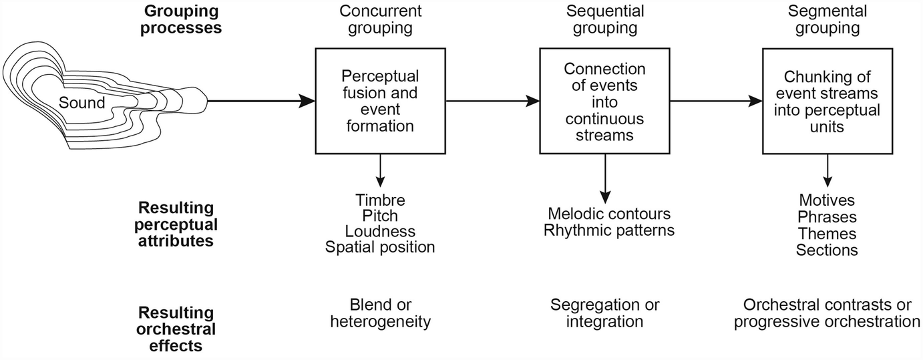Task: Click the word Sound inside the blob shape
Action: point(81,103)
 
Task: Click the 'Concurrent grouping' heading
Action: point(380,19)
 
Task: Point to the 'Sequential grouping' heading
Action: point(604,19)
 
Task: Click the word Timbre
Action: point(380,200)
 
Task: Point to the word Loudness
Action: point(380,232)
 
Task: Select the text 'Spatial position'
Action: point(380,248)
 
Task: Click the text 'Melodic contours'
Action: point(608,214)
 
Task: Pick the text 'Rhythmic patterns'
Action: point(608,230)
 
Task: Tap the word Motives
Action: point(827,200)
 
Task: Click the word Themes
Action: point(827,234)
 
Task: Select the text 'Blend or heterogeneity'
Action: point(380,313)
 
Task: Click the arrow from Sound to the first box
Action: point(260,102)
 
